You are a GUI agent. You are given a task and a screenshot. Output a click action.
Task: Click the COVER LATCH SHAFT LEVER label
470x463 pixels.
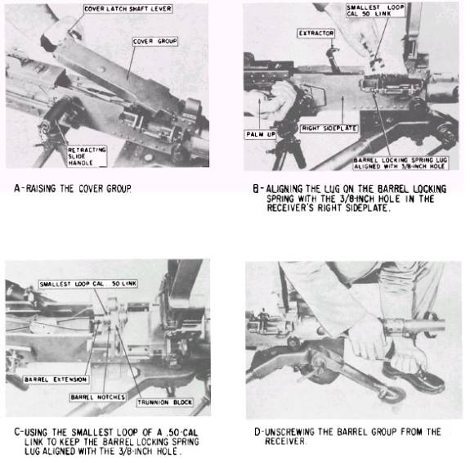[x=128, y=9]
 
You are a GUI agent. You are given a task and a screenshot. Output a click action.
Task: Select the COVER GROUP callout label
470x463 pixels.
[x=155, y=42]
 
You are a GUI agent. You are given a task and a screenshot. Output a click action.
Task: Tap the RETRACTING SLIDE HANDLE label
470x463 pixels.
[x=87, y=156]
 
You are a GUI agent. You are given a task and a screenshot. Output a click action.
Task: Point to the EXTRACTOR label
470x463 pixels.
[x=316, y=34]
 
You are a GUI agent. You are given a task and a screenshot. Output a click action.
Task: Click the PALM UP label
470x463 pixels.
[x=261, y=134]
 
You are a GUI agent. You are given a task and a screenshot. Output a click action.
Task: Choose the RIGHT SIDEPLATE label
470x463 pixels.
[x=329, y=128]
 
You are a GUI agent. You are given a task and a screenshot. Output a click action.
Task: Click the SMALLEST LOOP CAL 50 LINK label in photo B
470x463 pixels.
[x=375, y=11]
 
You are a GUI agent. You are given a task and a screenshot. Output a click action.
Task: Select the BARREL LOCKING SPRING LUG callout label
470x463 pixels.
[x=401, y=164]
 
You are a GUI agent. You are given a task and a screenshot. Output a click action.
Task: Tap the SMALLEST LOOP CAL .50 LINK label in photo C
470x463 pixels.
[x=88, y=284]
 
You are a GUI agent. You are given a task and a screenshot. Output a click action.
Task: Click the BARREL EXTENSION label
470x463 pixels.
[x=56, y=380]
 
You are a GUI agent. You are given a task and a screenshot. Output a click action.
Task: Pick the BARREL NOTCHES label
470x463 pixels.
[x=98, y=398]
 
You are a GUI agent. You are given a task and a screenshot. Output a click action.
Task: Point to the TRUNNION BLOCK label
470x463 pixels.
[x=165, y=402]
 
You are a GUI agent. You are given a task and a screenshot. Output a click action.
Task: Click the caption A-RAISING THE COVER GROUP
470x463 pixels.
[x=73, y=188]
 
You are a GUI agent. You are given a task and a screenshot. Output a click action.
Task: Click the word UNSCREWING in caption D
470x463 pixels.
[x=289, y=432]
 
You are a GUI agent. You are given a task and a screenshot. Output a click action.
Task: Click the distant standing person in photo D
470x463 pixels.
[x=263, y=320]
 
